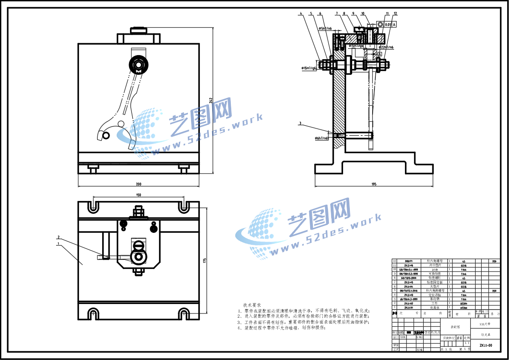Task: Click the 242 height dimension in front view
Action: [211, 100]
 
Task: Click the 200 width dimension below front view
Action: [139, 184]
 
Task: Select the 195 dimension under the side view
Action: [374, 184]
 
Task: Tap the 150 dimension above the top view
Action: [138, 195]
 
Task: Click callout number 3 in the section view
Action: [300, 123]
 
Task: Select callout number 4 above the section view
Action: [301, 14]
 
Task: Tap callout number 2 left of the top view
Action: [59, 237]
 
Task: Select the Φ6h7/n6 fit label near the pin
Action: [322, 138]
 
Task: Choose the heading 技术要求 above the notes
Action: [252, 305]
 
